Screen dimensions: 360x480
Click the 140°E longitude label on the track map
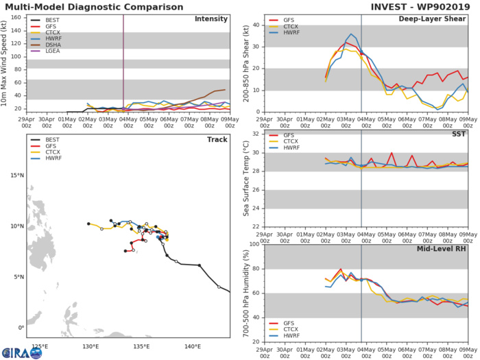click(193, 345)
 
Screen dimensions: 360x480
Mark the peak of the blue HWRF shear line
click(351, 34)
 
